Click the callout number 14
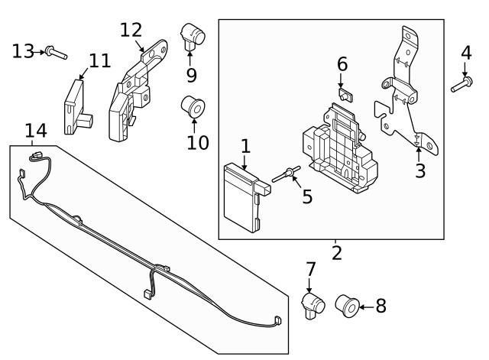pyautogui.click(x=35, y=131)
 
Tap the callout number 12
pyautogui.click(x=131, y=30)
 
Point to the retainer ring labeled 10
pyautogui.click(x=191, y=108)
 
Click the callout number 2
pyautogui.click(x=337, y=251)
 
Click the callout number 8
pyautogui.click(x=380, y=306)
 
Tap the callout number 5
pyautogui.click(x=307, y=196)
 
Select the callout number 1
pyautogui.click(x=244, y=144)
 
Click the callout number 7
pyautogui.click(x=310, y=269)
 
